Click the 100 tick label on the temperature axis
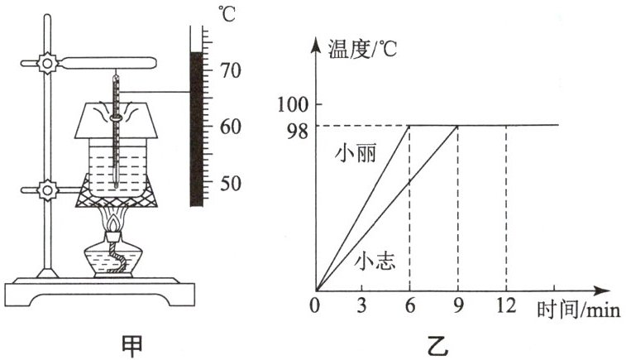click(x=293, y=105)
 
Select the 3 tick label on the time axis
click(x=361, y=306)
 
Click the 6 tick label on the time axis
click(x=409, y=306)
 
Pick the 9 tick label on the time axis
click(x=457, y=306)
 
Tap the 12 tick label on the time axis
click(x=505, y=306)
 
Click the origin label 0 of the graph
click(x=315, y=306)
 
